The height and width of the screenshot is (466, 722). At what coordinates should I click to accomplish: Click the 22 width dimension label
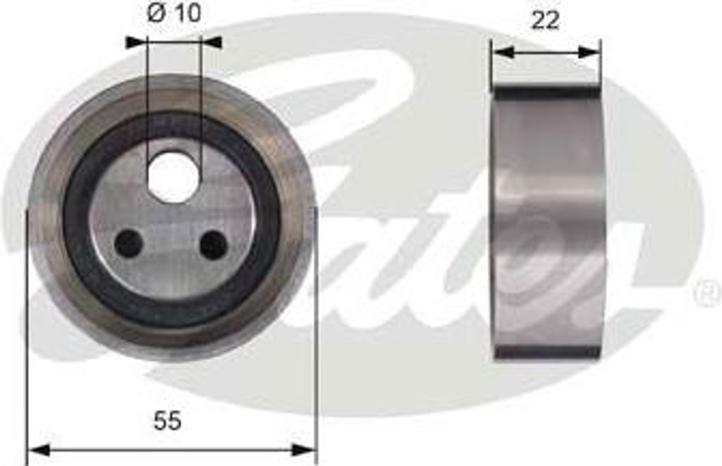545,20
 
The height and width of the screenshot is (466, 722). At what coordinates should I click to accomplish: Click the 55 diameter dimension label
168,421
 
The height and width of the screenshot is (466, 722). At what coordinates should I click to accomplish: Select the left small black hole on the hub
128,244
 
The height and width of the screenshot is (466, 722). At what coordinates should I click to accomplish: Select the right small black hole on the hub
213,244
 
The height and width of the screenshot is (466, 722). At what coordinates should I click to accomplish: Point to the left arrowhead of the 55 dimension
38,450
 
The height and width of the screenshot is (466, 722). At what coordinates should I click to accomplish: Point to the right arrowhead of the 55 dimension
304,450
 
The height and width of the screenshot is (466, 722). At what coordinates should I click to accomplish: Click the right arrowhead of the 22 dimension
589,52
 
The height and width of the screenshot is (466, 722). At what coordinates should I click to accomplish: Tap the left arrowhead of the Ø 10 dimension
136,42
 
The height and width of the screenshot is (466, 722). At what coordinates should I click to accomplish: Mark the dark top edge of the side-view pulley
547,92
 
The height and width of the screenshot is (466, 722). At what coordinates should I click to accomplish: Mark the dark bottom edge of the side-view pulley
547,352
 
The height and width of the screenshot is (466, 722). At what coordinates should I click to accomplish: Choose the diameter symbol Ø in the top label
157,14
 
